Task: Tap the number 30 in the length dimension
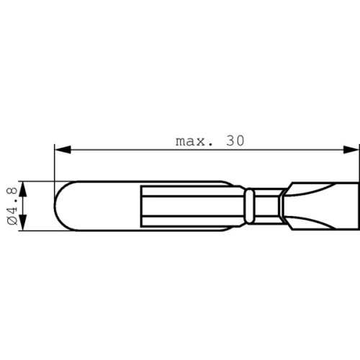pyautogui.click(x=235, y=141)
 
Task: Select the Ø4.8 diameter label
pyautogui.click(x=12, y=206)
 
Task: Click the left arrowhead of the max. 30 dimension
pyautogui.click(x=63, y=150)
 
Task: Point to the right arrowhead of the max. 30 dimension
pyautogui.click(x=351, y=150)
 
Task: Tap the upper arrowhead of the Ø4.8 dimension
pyautogui.click(x=22, y=189)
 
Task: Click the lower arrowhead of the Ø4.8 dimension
pyautogui.click(x=22, y=222)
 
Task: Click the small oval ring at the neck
pyautogui.click(x=250, y=206)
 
